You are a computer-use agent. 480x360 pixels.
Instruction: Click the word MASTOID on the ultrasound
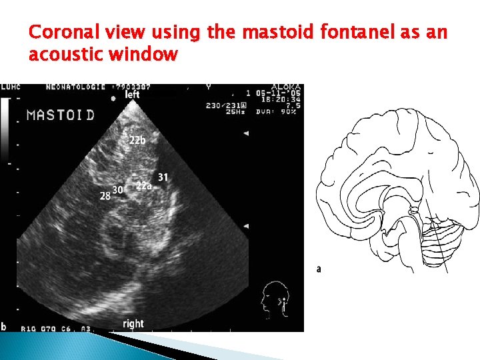coord(60,115)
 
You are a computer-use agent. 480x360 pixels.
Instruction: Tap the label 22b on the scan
coord(137,141)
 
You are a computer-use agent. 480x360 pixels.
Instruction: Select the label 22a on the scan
coord(143,186)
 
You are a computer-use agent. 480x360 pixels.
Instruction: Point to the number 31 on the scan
coord(163,177)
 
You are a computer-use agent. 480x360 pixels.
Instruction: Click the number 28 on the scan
coord(105,195)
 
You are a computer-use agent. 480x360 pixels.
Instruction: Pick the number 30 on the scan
coord(118,190)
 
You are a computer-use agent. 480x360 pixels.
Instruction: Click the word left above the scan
coord(133,95)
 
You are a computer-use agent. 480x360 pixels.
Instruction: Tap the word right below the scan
coord(133,323)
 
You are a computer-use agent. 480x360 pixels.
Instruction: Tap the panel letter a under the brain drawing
coord(319,269)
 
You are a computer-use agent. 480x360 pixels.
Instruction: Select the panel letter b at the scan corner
coord(4,327)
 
